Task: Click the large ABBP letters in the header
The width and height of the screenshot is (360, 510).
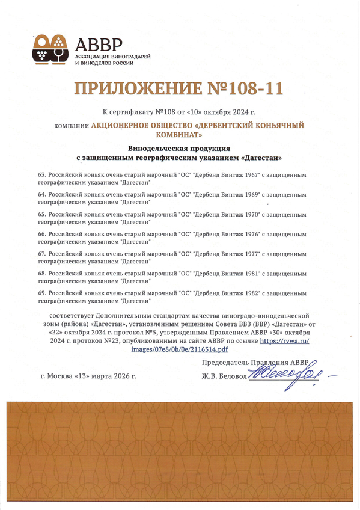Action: click(99, 44)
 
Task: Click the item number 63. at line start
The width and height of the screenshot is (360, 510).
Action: click(41, 174)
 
